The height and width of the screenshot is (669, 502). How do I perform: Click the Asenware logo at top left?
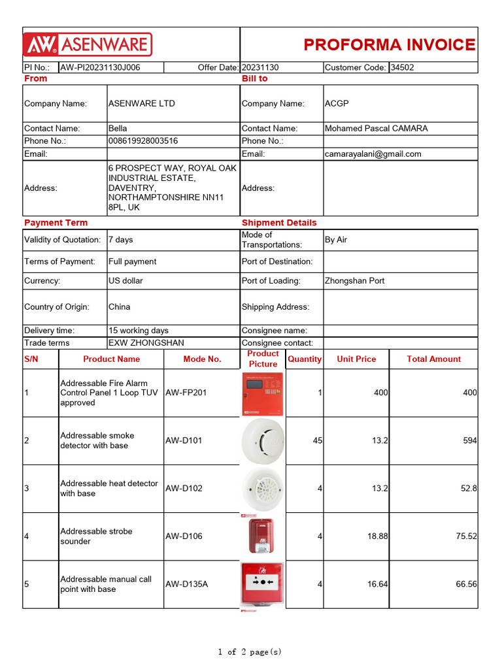coord(88,44)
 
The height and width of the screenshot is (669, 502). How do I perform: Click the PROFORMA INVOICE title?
coord(390,44)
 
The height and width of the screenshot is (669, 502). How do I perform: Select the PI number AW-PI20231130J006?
coord(100,67)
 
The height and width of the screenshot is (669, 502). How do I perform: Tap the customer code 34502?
coord(402,67)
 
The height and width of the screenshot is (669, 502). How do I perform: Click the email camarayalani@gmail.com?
coord(373,154)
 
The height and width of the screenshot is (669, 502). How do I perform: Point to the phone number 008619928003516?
coord(143,141)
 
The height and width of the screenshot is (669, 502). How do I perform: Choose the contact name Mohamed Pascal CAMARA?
coord(376,129)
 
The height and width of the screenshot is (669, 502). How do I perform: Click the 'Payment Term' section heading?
coord(56,223)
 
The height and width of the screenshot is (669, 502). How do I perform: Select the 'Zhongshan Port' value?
coord(354,281)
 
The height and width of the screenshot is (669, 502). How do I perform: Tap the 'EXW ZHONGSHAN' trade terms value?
coord(146,343)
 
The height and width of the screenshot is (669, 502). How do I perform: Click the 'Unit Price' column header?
coord(356,359)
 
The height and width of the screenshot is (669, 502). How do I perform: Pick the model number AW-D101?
coord(184,441)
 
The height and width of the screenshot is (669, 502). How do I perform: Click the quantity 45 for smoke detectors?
coord(318,441)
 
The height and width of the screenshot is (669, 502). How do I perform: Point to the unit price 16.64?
coord(377,585)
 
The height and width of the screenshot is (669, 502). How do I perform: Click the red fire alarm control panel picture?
coord(263,393)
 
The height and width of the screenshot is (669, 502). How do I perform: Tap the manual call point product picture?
coord(263,583)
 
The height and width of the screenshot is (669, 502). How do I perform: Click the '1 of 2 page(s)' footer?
coord(250,651)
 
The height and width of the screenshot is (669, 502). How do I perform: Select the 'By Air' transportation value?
coord(336,240)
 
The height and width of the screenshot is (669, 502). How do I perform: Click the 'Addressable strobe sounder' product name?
coord(96,536)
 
